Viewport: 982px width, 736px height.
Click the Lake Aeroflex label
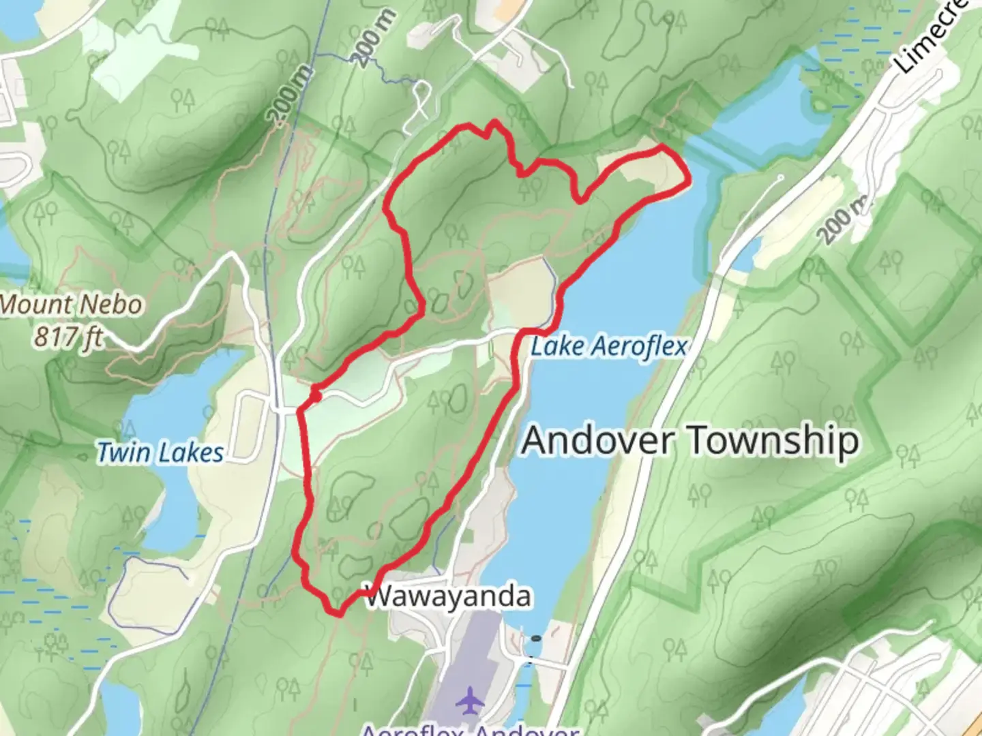pyautogui.click(x=608, y=347)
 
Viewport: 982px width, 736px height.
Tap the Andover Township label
pyautogui.click(x=690, y=441)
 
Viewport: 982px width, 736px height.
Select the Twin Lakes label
pyautogui.click(x=160, y=453)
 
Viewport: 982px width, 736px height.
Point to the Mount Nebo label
pyautogui.click(x=72, y=305)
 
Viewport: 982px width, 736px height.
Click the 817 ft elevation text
pyautogui.click(x=69, y=336)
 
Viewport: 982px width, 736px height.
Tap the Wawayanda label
pyautogui.click(x=448, y=597)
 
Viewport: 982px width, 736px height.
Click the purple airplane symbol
pyautogui.click(x=468, y=701)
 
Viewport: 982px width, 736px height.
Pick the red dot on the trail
pyautogui.click(x=315, y=395)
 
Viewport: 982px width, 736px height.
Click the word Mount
pyautogui.click(x=42, y=305)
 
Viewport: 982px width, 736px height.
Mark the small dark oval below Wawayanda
pyautogui.click(x=537, y=639)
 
